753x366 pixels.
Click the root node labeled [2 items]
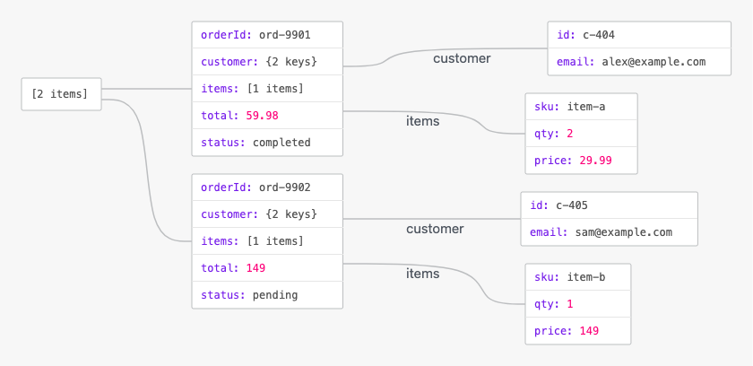click(x=62, y=94)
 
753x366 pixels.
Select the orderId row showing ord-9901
click(x=267, y=35)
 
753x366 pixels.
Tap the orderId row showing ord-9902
click(x=267, y=187)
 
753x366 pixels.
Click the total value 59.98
click(x=262, y=116)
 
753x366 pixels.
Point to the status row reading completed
click(x=267, y=143)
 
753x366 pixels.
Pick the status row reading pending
click(x=267, y=295)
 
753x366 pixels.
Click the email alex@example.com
click(x=653, y=62)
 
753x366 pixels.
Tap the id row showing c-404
click(x=639, y=35)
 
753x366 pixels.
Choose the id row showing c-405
click(x=609, y=205)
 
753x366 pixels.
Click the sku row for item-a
click(x=581, y=107)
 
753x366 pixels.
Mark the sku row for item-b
click(x=577, y=277)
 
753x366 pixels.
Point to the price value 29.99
click(x=595, y=161)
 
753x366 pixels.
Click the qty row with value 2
click(x=581, y=134)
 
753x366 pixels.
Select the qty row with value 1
click(x=577, y=304)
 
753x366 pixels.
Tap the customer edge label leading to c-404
click(x=462, y=58)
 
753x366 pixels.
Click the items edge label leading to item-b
click(x=422, y=274)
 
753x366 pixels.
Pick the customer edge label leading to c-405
click(x=435, y=229)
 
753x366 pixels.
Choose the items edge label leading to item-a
click(x=422, y=121)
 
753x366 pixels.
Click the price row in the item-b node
click(x=577, y=331)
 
